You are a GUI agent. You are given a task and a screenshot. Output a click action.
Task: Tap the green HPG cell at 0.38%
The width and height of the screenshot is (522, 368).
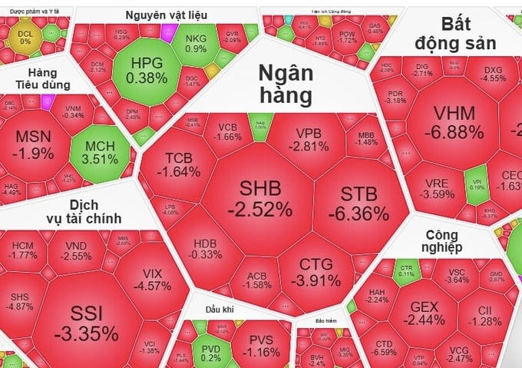pos(147,71)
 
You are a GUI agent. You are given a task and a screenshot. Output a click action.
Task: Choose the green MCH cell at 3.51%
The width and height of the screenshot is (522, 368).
pos(101,153)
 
